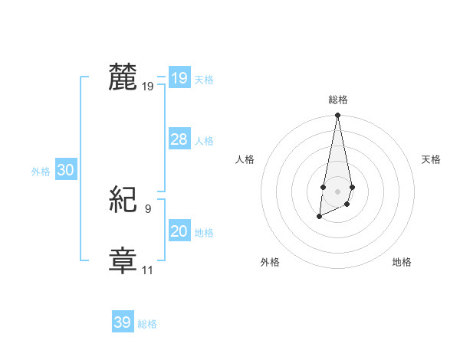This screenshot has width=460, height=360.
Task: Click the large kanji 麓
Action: tap(123, 79)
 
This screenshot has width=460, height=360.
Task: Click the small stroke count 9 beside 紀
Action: tap(147, 208)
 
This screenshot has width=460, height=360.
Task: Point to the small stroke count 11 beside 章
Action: tap(147, 270)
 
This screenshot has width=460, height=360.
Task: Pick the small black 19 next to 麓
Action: tap(147, 87)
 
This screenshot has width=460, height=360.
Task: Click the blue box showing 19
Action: tap(179, 77)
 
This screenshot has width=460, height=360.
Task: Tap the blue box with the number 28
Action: tap(179, 139)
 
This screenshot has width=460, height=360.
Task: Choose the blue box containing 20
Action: tap(179, 231)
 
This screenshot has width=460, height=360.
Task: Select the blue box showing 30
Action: tap(65, 171)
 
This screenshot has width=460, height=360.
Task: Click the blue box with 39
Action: tap(123, 322)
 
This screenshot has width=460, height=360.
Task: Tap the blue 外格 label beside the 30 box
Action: tap(41, 172)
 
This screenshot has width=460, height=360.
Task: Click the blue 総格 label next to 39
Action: tap(147, 324)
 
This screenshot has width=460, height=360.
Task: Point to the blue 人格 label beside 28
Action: tap(204, 141)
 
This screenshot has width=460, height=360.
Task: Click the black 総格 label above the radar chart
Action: tap(338, 100)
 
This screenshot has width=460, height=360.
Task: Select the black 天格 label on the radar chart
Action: tap(432, 159)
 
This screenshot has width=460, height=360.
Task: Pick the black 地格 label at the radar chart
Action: tap(402, 262)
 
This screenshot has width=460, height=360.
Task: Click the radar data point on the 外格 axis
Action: tap(320, 218)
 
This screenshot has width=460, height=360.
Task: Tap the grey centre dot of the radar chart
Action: tap(338, 191)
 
